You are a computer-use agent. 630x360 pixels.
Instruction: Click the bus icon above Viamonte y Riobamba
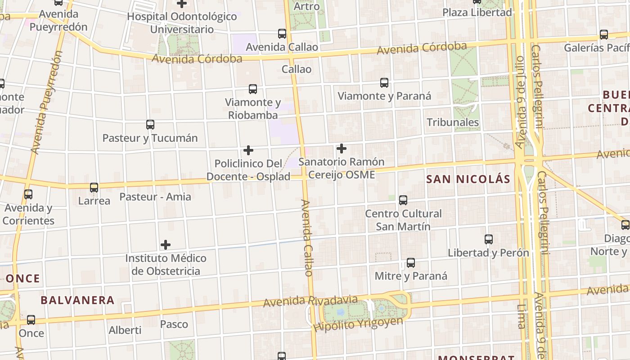(x=253, y=89)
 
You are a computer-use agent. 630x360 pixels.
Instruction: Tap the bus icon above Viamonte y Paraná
(x=384, y=83)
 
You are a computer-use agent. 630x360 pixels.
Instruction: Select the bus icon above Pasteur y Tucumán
(x=150, y=125)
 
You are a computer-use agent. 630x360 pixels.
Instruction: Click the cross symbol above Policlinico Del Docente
(x=248, y=150)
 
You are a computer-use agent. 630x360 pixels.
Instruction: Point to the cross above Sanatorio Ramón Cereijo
(x=342, y=148)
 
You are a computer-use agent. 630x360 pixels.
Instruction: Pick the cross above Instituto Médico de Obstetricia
(x=166, y=245)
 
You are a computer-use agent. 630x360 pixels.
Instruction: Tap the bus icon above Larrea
(x=94, y=188)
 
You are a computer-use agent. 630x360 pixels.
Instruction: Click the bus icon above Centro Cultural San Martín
(x=403, y=200)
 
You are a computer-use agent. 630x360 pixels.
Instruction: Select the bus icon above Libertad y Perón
(x=489, y=239)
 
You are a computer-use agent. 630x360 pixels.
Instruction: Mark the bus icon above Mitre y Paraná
(x=411, y=263)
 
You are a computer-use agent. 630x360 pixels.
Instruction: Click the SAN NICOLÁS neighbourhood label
(x=468, y=180)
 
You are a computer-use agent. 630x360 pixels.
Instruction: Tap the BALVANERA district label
(x=77, y=300)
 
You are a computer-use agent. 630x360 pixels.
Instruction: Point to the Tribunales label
(x=453, y=122)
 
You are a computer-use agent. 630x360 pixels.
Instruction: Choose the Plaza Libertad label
(x=477, y=13)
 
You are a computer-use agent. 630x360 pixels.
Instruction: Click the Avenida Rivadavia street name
(x=310, y=301)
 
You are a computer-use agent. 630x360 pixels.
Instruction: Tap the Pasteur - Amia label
(x=155, y=197)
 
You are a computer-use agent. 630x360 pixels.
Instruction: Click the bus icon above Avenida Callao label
(x=282, y=34)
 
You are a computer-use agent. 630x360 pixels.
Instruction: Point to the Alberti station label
(x=125, y=330)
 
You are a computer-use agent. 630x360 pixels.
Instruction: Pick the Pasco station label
(x=174, y=324)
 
